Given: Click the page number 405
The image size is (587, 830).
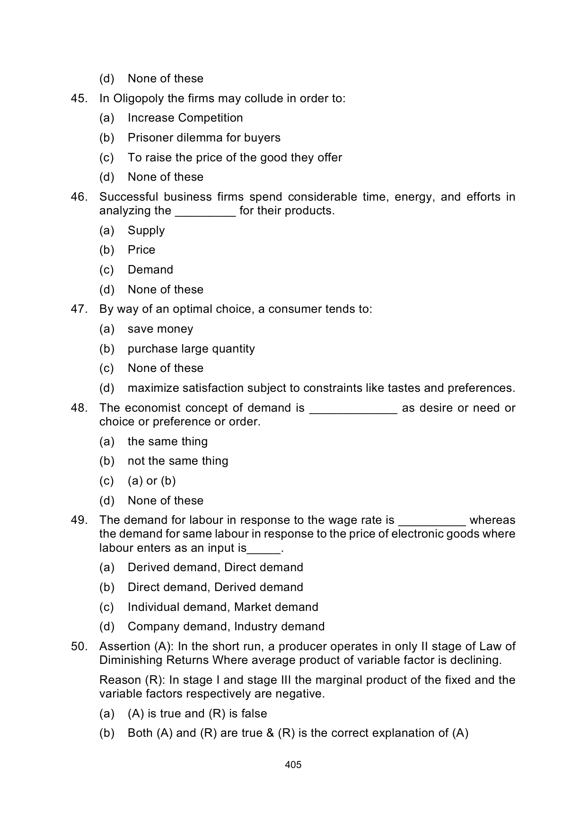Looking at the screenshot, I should point(293,765).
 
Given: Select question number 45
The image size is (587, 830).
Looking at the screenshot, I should point(79,98).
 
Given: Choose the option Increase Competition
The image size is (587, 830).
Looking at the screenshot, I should point(185,118).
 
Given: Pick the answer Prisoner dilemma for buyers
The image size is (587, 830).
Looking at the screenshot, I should point(204,138).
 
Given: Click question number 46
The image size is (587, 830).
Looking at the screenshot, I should point(79,197).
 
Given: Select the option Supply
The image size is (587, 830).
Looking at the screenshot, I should point(146,230).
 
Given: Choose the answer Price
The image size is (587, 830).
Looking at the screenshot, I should point(141,250).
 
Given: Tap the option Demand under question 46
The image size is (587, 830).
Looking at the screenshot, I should point(150,270).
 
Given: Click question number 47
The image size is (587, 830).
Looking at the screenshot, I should point(79,309).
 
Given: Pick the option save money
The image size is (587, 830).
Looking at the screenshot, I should point(160,329).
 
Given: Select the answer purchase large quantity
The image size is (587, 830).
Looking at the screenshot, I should point(191,349).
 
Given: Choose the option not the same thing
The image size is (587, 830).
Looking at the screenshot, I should point(178,461).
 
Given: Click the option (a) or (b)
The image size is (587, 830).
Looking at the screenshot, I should point(151,481).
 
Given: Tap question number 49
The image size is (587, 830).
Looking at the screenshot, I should point(79,520).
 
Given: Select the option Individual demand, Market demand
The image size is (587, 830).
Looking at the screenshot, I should point(223,607).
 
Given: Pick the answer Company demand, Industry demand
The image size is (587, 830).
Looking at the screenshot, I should point(226,627).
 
